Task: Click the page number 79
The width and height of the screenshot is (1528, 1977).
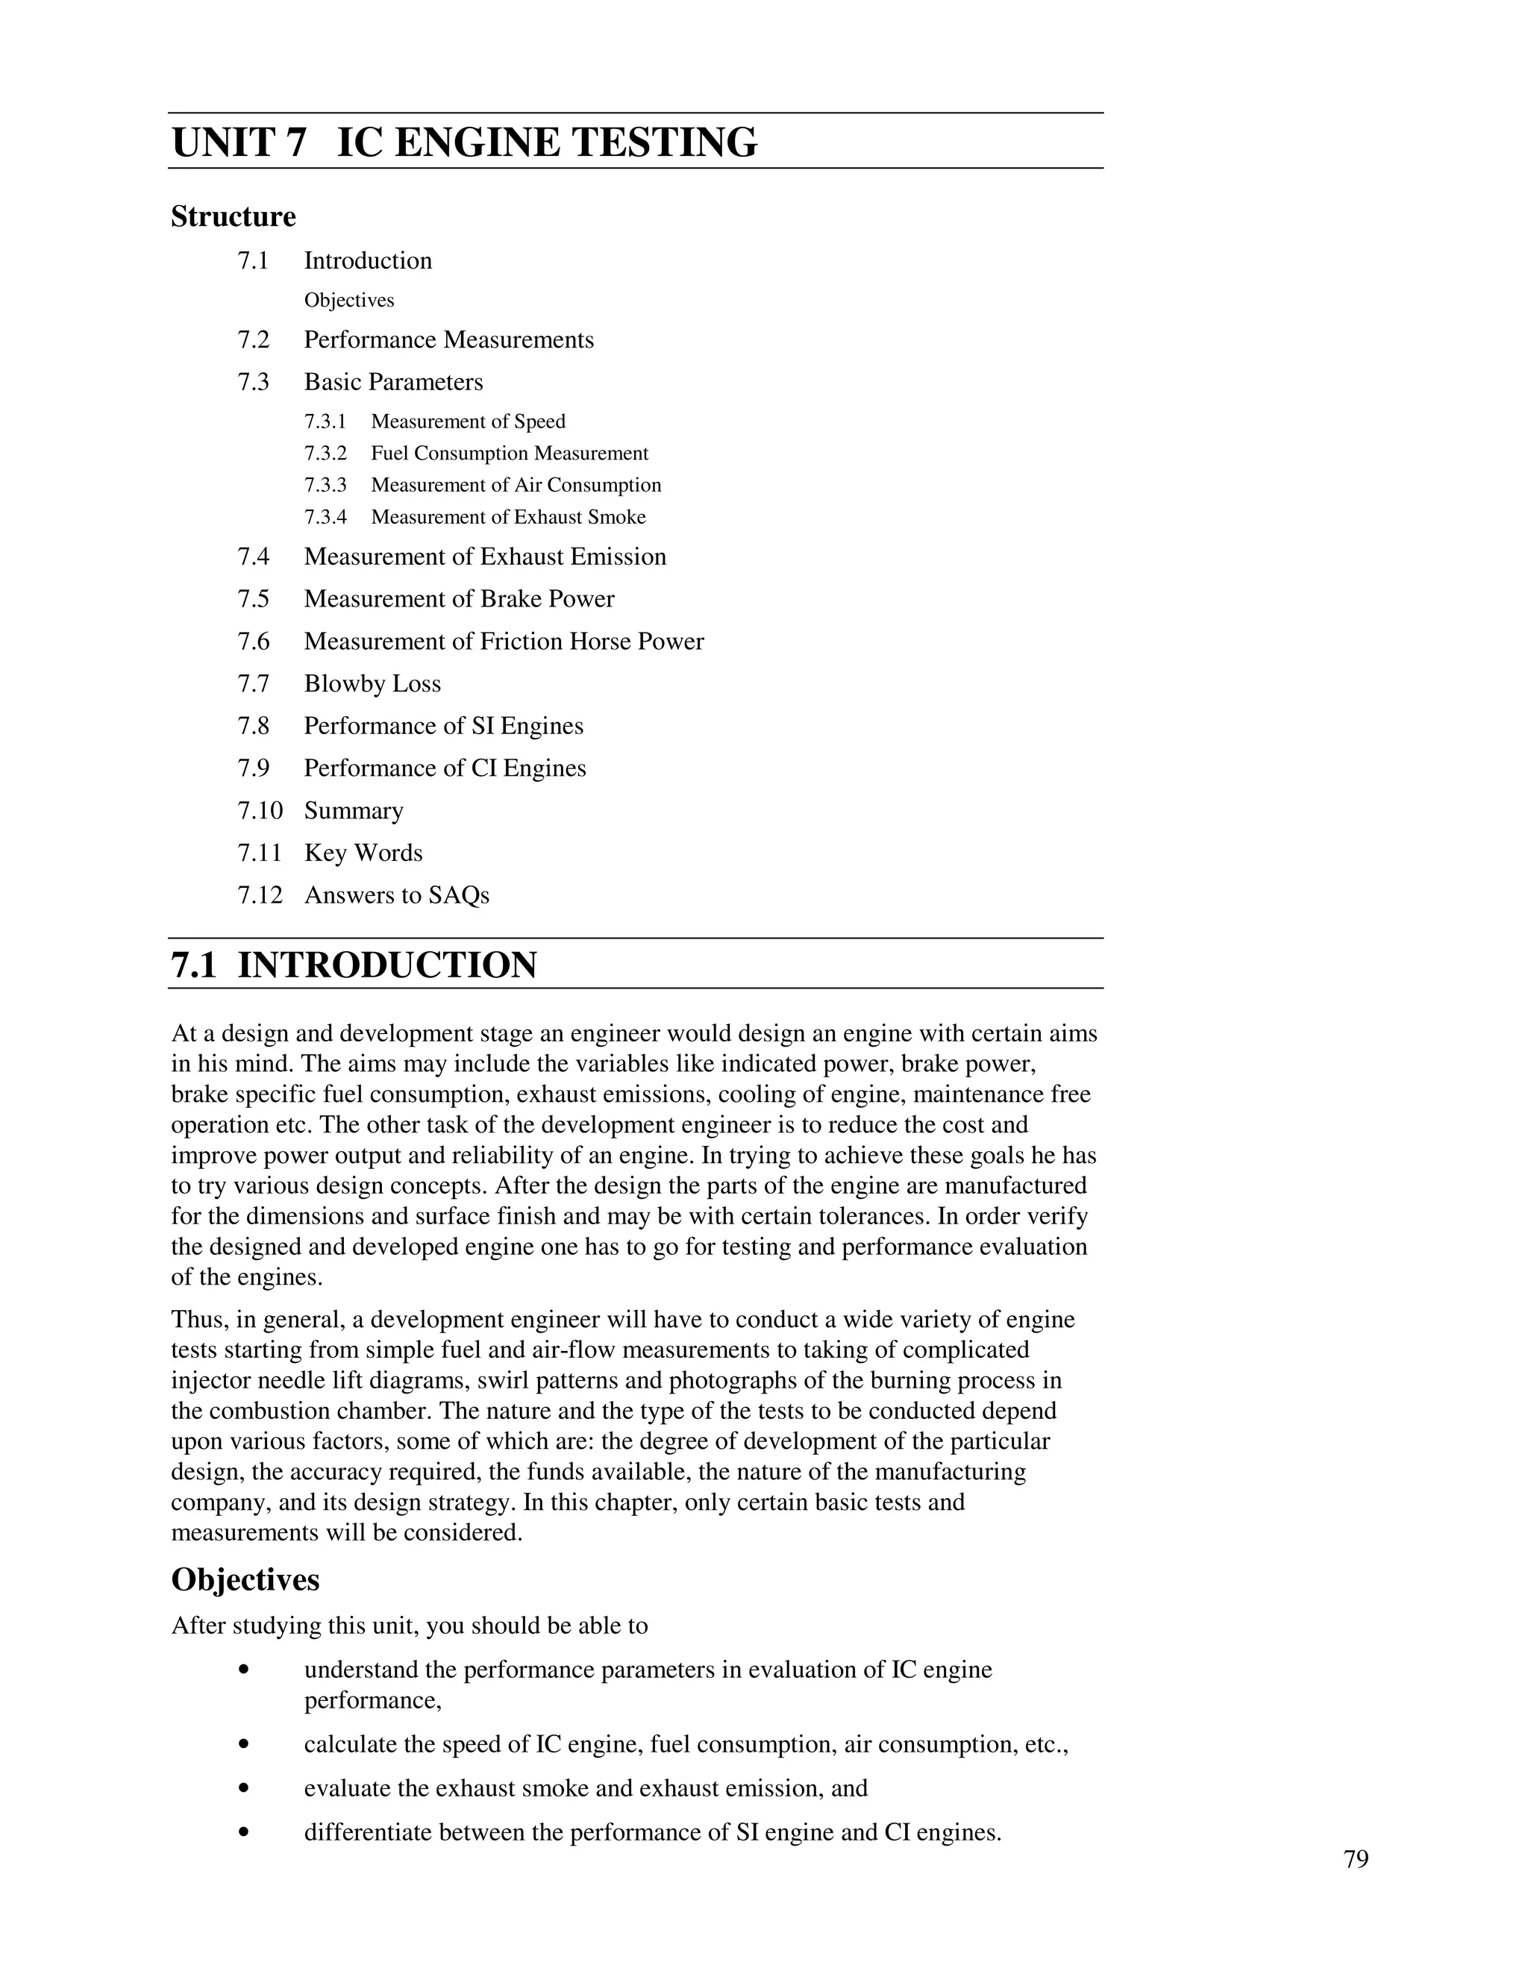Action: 1356,1859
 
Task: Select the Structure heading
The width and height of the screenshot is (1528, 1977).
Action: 234,217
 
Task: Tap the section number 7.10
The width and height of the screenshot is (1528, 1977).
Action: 260,810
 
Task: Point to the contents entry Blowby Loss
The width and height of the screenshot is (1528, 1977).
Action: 372,683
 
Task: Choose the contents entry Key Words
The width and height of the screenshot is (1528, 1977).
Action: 363,853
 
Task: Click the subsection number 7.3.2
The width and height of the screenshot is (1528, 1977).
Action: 325,454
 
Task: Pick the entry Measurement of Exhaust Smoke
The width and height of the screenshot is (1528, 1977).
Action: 508,517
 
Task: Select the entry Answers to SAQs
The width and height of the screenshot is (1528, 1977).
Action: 396,895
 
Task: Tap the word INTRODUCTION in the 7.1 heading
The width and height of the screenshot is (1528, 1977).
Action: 386,966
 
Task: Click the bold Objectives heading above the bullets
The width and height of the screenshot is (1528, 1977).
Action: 245,1579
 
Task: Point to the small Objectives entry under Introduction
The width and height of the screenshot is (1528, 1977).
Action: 348,301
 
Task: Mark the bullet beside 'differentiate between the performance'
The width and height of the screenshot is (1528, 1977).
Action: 242,1832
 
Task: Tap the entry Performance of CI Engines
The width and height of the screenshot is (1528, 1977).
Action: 445,768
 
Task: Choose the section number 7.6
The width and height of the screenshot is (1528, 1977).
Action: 254,642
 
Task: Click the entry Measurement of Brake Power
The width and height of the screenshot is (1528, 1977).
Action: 459,599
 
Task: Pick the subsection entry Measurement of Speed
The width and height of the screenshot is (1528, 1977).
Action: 468,422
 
